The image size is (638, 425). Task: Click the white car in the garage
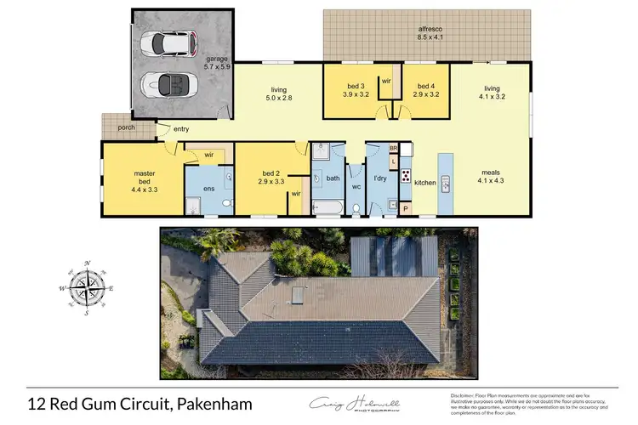168,42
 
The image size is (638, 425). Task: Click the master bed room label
143,179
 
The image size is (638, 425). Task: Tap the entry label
181,128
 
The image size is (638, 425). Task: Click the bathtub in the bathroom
327,207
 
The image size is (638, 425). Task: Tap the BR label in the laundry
393,149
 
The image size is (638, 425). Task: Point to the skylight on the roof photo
298,295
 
